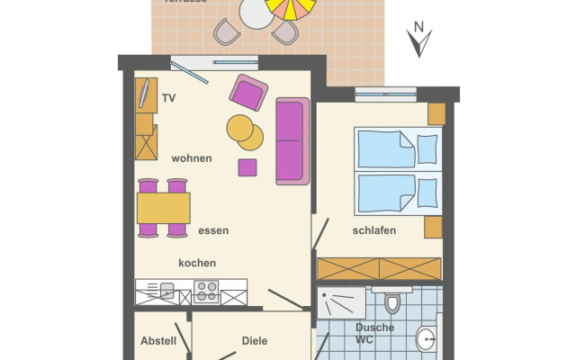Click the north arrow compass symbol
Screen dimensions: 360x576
pos(418,40)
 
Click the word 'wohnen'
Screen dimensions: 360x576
pos(192,158)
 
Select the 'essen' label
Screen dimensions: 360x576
pos(213,230)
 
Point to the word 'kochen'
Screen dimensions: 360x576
pos(197,263)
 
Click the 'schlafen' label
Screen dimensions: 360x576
pos(374,230)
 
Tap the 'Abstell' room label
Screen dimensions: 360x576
pos(158,341)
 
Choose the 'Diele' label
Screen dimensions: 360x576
pos(256,341)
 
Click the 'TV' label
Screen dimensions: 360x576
pos(168,97)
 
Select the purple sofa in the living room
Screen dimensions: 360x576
pos(292,141)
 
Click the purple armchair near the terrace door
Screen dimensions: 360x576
pos(248,93)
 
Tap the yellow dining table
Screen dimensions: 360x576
pos(163,208)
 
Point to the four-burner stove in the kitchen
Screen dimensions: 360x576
pos(206,291)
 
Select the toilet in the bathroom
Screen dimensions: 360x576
pos(391,301)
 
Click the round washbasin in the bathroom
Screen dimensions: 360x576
pos(426,339)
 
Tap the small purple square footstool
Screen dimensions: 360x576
pos(247,167)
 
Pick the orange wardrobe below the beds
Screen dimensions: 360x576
pos(379,268)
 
